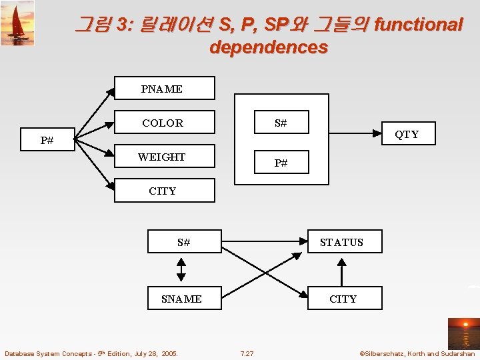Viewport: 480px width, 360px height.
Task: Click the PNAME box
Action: tap(165, 88)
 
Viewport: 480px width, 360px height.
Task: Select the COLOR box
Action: tap(165, 123)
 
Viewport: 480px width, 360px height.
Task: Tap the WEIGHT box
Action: tap(165, 157)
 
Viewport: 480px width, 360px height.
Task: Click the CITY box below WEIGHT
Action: tap(165, 191)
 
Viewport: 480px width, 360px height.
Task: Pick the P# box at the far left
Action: tap(47, 140)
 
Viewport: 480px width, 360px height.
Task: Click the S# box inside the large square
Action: tap(281, 123)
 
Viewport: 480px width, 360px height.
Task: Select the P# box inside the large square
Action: tap(281, 163)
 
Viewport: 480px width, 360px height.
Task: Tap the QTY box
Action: tap(407, 134)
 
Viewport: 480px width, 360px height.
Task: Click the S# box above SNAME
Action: tap(184, 242)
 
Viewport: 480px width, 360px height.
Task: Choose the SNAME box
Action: tap(181, 299)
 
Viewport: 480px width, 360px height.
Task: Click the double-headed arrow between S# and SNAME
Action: tap(181, 270)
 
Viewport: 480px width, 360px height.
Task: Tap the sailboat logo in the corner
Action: tap(17, 23)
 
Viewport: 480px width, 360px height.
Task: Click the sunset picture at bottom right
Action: tap(462, 333)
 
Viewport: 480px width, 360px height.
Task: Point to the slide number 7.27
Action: tap(247, 353)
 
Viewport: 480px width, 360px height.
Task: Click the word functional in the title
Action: tap(419, 25)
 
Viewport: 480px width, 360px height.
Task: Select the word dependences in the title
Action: tap(268, 47)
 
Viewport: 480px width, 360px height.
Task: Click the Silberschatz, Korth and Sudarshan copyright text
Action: tap(417, 353)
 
